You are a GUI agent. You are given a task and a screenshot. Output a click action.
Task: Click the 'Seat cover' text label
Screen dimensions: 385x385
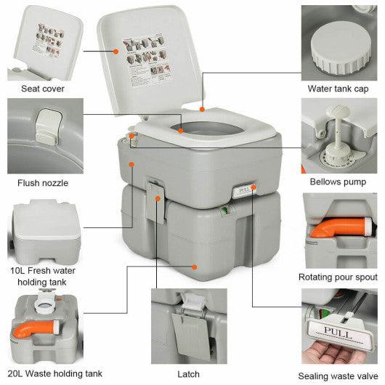44,89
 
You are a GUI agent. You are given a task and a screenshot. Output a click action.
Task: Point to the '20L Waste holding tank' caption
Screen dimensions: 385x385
51,374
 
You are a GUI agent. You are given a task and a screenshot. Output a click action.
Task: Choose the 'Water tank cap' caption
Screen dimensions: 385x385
338,89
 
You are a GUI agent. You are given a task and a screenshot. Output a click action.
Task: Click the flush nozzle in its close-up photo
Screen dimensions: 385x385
49,123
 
